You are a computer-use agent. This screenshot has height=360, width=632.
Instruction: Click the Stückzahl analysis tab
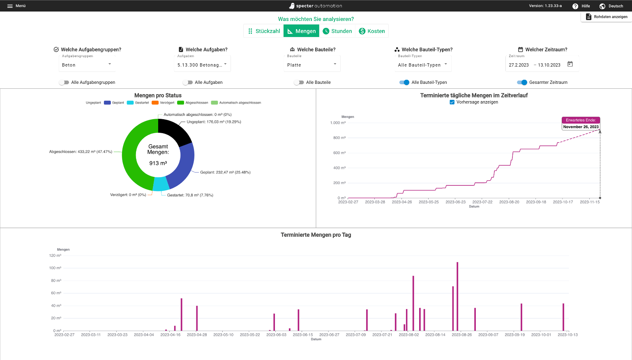coord(264,31)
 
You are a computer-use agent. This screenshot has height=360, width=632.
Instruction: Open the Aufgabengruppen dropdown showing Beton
coord(87,65)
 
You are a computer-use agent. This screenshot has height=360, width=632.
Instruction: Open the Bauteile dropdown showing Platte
coord(311,65)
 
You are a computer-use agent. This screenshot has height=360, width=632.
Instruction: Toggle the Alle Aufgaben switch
coord(188,83)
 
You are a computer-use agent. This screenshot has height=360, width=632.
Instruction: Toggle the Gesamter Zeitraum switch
coord(522,83)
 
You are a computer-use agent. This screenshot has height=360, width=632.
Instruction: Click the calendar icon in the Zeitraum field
coord(570,64)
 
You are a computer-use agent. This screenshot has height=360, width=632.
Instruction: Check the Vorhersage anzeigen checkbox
coord(452,102)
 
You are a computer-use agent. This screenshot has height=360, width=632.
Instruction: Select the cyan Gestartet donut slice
coord(161,184)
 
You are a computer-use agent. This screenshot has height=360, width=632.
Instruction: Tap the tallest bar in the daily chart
coord(457,296)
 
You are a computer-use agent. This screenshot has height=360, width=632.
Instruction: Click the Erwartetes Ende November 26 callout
coord(581,123)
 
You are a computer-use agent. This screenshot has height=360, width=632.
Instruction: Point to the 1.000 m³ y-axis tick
coord(338,123)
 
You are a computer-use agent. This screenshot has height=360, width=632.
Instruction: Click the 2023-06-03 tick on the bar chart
coord(276,335)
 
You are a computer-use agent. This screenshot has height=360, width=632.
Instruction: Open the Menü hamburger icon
coord(10,6)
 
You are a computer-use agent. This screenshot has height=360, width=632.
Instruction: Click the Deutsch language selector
coord(611,6)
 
